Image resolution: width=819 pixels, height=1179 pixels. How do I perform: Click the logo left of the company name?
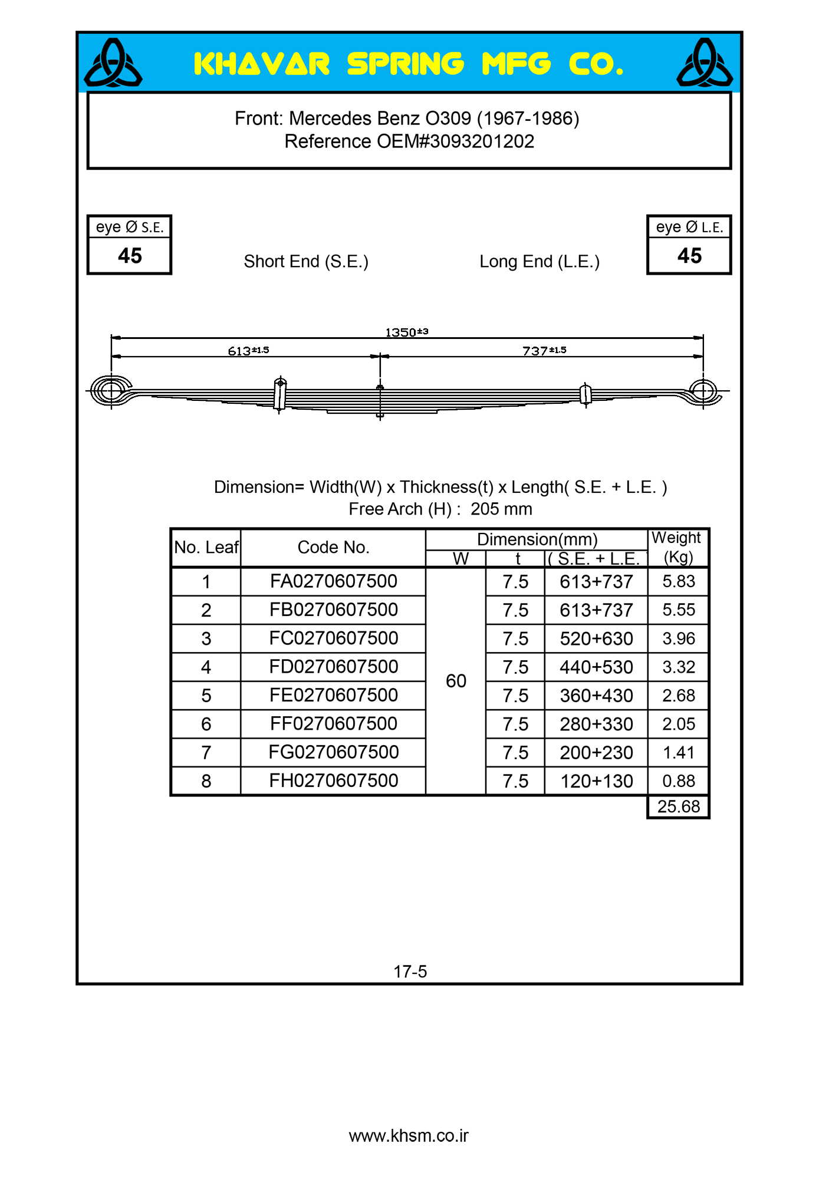(x=113, y=63)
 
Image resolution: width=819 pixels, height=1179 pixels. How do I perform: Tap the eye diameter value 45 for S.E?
(x=130, y=256)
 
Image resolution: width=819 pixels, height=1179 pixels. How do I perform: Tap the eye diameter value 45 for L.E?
(x=689, y=256)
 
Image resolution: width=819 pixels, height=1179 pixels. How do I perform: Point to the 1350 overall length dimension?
(x=406, y=332)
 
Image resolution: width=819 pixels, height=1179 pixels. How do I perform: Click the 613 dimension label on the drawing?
(x=248, y=351)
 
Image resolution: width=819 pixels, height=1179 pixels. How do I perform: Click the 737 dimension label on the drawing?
(x=544, y=351)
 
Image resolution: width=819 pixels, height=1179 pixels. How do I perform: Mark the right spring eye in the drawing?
(x=703, y=390)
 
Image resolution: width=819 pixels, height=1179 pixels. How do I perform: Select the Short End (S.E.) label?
(x=306, y=261)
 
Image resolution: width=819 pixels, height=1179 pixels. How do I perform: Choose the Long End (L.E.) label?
(x=540, y=261)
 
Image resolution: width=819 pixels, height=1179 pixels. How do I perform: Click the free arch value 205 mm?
(x=501, y=509)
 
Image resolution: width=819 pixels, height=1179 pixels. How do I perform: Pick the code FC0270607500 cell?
(x=333, y=638)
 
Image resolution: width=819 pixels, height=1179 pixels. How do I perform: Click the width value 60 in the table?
(x=456, y=681)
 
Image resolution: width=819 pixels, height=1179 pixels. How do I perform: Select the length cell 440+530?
(x=596, y=667)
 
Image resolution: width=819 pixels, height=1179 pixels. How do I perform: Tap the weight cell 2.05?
(x=679, y=724)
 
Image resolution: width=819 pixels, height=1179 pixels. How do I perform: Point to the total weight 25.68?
(x=679, y=806)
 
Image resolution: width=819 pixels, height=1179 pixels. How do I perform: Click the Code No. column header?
(x=333, y=547)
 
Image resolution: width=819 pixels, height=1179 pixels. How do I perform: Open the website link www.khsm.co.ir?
(x=409, y=1136)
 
